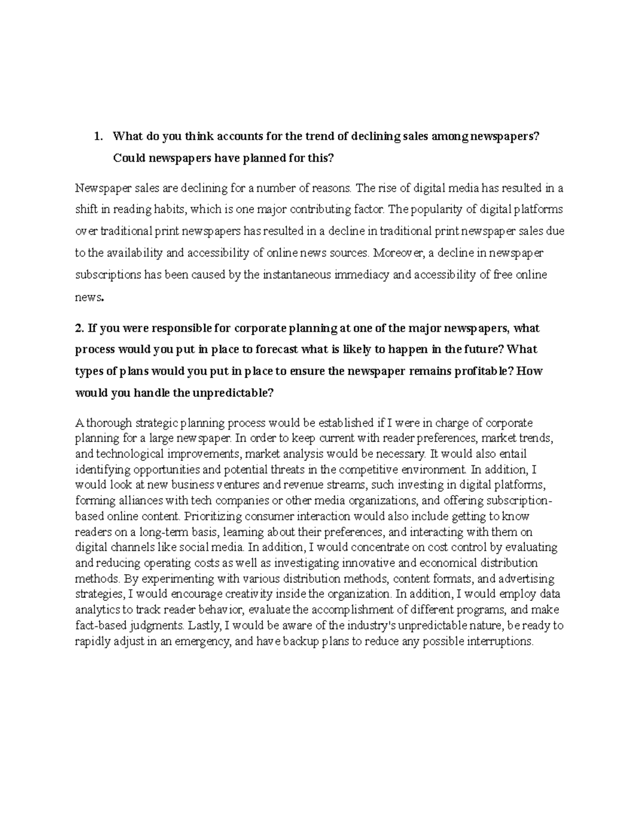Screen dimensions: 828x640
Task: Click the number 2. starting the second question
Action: point(80,328)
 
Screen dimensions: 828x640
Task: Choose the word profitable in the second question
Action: point(484,371)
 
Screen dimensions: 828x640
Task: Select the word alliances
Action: point(139,501)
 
